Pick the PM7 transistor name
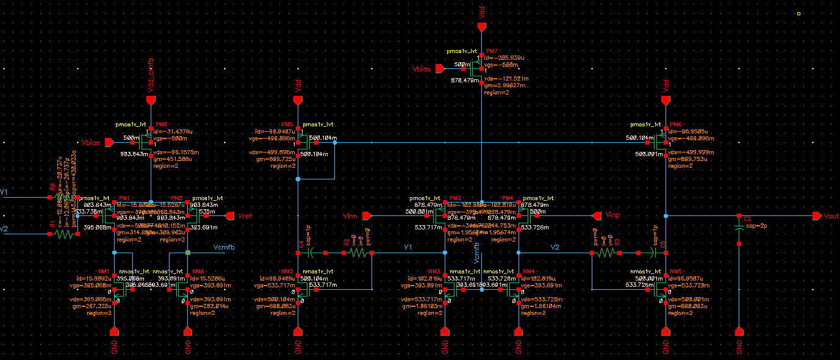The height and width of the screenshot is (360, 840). pyautogui.click(x=492, y=51)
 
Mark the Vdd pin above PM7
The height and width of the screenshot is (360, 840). pyautogui.click(x=482, y=27)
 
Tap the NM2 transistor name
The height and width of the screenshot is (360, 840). pyautogui.click(x=287, y=272)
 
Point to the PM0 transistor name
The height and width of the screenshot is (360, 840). pyautogui.click(x=162, y=124)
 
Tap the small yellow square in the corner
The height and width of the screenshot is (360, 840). pyautogui.click(x=799, y=13)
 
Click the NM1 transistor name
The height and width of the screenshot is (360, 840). pyautogui.click(x=103, y=272)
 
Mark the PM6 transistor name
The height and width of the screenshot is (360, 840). pyautogui.click(x=676, y=124)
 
